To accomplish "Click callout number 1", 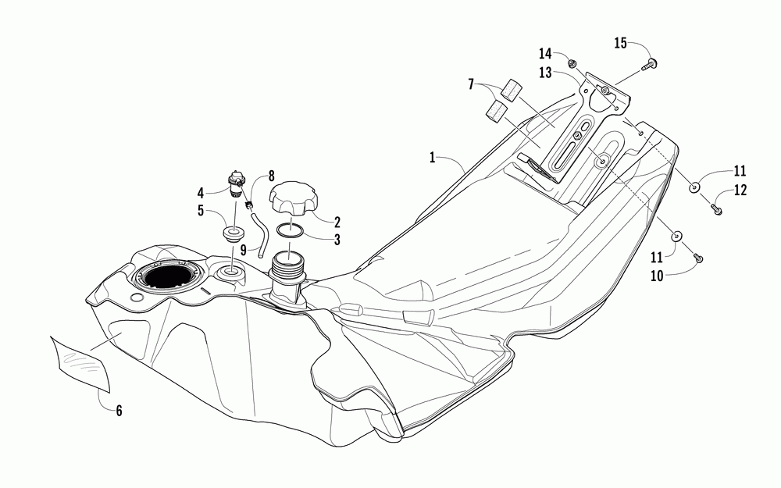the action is pyautogui.click(x=431, y=157).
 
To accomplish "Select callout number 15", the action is pyautogui.click(x=621, y=43).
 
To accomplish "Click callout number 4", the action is pyautogui.click(x=200, y=191).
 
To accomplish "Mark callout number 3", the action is pyautogui.click(x=337, y=240).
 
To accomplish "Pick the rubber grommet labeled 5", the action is pyautogui.click(x=232, y=234).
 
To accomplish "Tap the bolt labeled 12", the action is pyautogui.click(x=716, y=208).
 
